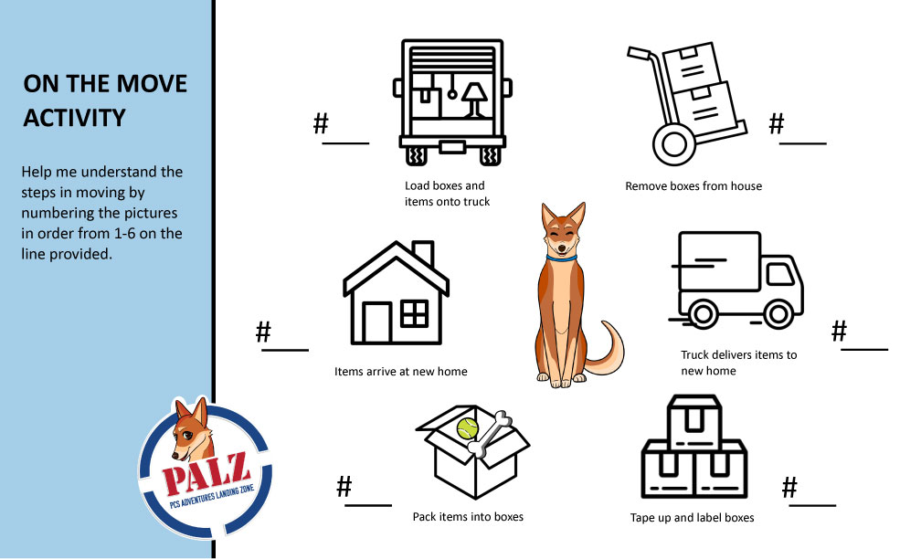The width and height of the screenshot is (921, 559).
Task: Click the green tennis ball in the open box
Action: tap(468, 428)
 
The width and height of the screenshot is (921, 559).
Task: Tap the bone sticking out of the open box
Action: tap(490, 433)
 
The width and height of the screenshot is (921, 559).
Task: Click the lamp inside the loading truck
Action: tap(473, 100)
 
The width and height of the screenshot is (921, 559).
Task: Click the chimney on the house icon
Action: tap(424, 253)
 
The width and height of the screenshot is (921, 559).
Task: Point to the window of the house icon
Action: tap(414, 313)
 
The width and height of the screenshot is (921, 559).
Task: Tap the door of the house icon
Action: tap(376, 322)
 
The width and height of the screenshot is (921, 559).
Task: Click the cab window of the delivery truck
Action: tap(779, 274)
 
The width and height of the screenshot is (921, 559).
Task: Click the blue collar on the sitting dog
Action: tap(562, 258)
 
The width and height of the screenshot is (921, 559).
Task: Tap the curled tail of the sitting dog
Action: tap(608, 349)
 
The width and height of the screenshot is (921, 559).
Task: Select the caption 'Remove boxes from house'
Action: tap(693, 186)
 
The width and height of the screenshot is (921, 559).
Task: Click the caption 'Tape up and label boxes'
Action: tap(692, 517)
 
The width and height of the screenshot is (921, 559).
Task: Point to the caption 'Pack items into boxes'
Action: tap(468, 517)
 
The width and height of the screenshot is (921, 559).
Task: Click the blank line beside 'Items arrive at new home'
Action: tap(285, 350)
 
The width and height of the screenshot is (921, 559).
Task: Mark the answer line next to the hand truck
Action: tap(803, 143)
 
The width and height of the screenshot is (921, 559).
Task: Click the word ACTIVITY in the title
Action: tap(75, 118)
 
